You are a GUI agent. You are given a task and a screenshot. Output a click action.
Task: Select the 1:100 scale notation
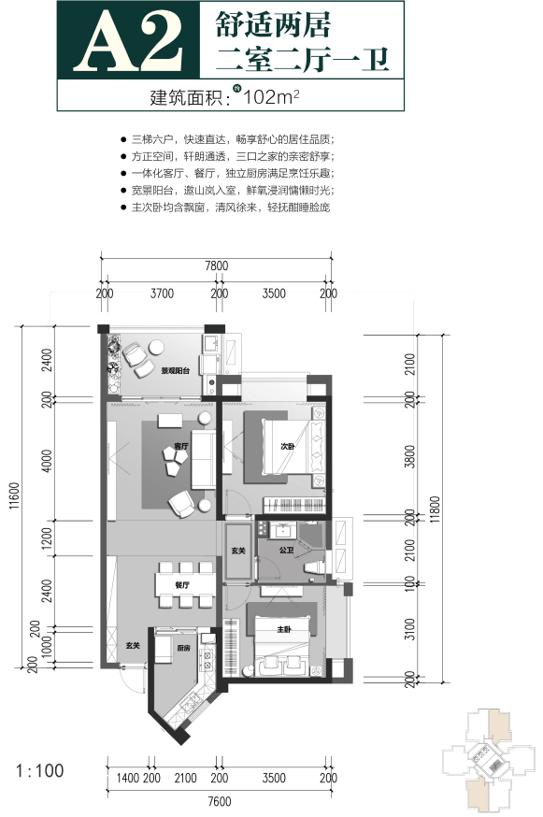click(40, 772)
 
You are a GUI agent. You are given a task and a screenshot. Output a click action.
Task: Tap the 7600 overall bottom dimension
click(219, 801)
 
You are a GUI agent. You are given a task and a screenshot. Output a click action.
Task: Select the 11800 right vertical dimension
click(437, 509)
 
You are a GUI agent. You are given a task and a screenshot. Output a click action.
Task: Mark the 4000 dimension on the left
click(48, 461)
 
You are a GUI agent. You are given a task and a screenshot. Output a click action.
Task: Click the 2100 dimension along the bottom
click(185, 778)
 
